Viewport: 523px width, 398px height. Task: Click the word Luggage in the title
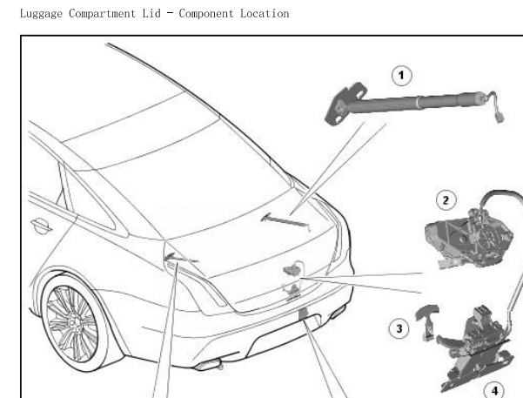(x=41, y=14)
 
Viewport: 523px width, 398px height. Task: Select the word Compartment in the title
(x=102, y=14)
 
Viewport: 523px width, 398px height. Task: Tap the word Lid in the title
(x=151, y=13)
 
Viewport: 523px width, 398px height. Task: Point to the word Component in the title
(x=206, y=14)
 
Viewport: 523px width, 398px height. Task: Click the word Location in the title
(x=265, y=14)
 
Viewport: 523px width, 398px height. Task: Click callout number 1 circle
(x=401, y=76)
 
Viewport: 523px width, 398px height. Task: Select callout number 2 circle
(x=446, y=200)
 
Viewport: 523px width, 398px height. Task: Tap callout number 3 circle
(x=399, y=329)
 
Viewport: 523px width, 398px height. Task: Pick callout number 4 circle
(x=494, y=390)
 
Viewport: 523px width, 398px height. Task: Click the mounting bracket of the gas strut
(x=345, y=104)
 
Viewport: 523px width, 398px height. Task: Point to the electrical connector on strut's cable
(x=499, y=118)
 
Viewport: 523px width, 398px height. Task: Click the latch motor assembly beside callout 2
(x=469, y=237)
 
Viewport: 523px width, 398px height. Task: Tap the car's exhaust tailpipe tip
(x=209, y=365)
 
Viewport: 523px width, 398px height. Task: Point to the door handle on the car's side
(x=41, y=226)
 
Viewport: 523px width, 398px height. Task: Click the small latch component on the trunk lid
(x=291, y=270)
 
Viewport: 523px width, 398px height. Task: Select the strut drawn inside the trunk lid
(x=286, y=222)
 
